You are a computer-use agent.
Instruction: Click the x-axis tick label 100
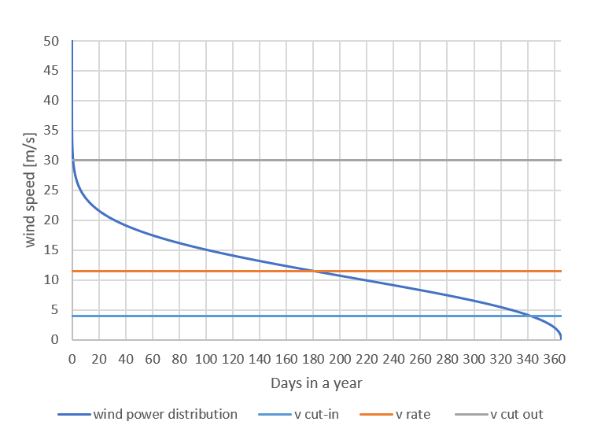tap(206, 360)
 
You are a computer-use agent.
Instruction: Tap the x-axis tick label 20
tap(99, 360)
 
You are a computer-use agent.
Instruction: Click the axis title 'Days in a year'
tap(316, 383)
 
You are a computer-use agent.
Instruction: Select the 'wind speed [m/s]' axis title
tap(31, 190)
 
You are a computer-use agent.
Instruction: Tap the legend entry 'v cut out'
tap(516, 414)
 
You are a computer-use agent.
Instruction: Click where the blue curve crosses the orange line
tap(315, 272)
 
